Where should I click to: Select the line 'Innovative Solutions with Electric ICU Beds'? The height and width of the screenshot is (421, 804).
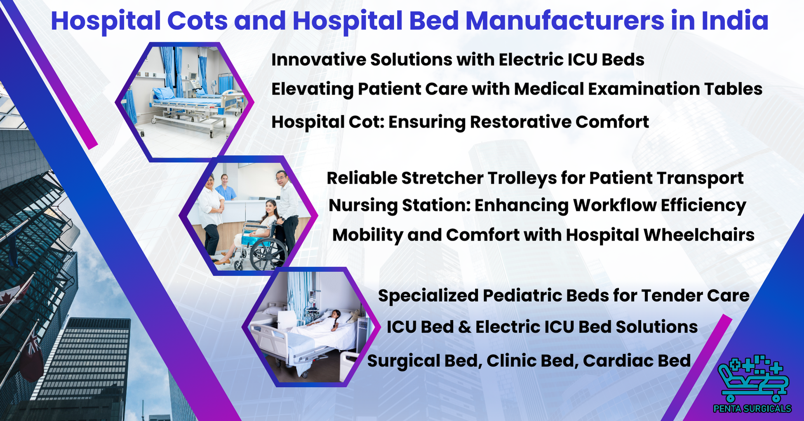click(458, 60)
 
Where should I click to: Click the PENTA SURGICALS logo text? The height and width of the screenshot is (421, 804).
click(752, 409)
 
